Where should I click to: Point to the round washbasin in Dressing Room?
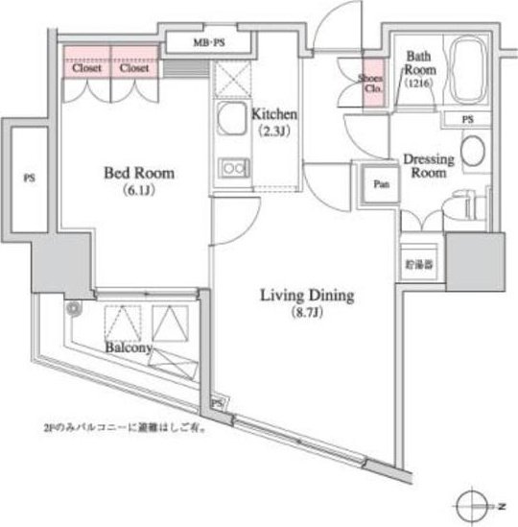pyautogui.click(x=473, y=152)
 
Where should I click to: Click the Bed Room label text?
pyautogui.click(x=138, y=174)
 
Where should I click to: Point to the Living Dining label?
pyautogui.click(x=307, y=296)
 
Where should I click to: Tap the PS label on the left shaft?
pyautogui.click(x=29, y=179)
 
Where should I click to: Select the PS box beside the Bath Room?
pyautogui.click(x=467, y=119)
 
